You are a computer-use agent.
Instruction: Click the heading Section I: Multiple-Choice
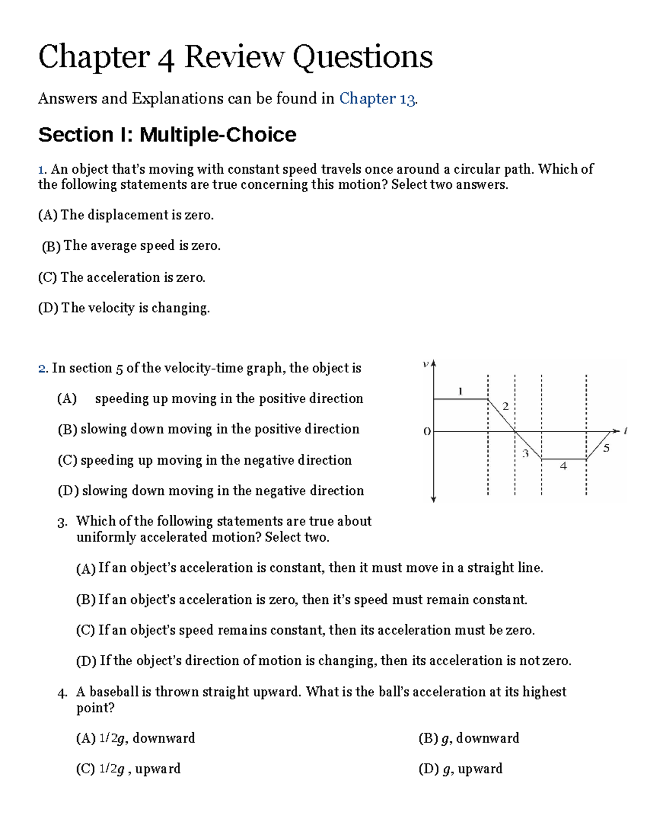(167, 134)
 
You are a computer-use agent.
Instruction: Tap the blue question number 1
(42, 169)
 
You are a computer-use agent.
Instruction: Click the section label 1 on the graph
(460, 391)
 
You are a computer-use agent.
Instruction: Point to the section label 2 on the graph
(505, 406)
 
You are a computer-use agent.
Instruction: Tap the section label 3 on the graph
(525, 453)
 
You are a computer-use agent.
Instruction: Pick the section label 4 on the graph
(563, 466)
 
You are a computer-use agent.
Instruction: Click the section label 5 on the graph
(606, 448)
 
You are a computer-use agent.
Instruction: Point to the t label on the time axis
(625, 431)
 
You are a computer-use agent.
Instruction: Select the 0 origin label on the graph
(426, 432)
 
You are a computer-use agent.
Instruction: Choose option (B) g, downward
(469, 738)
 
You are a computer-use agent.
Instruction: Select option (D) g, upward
(460, 769)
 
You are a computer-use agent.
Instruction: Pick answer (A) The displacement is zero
(126, 215)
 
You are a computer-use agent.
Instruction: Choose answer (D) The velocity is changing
(123, 308)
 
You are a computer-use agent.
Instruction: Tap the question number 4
(61, 693)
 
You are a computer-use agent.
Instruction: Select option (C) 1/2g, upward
(128, 769)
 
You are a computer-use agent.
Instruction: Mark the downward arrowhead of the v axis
(433, 500)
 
